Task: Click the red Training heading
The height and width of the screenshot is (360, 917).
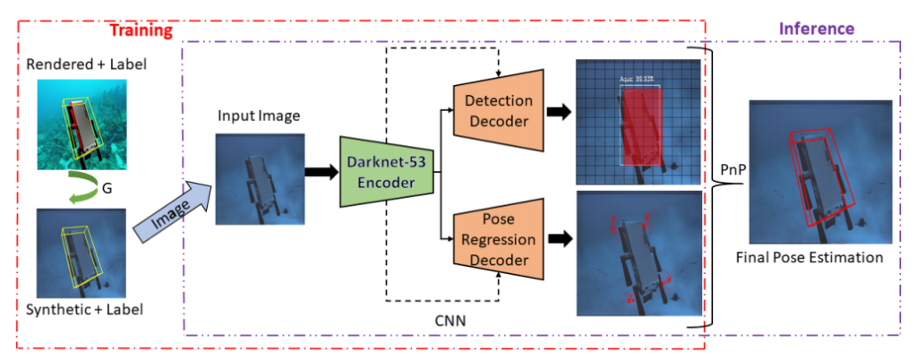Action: [x=141, y=30]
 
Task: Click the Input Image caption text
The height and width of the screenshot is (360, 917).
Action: [x=260, y=116]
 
